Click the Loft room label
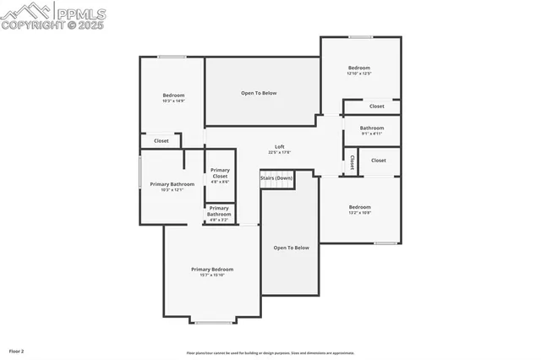tap(278, 146)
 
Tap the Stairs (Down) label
tap(276, 178)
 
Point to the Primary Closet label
tap(220, 172)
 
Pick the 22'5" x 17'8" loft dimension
tap(279, 153)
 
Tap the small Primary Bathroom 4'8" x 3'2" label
tap(219, 212)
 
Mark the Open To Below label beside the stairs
tap(291, 248)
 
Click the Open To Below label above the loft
tap(259, 93)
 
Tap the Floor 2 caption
tap(17, 350)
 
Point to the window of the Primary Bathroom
tap(140, 173)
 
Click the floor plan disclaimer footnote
tap(270, 353)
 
